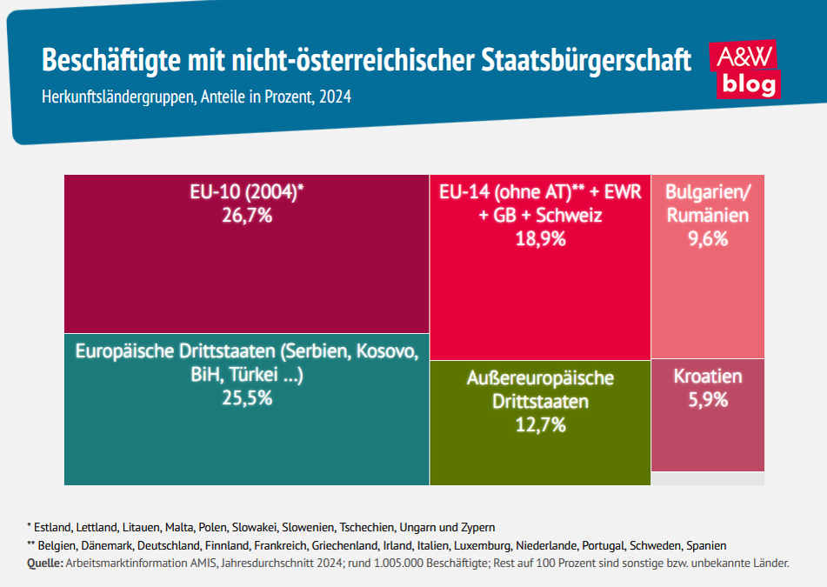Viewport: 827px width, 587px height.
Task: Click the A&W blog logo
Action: coord(744,70)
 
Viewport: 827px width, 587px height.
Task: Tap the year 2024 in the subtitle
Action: coord(335,97)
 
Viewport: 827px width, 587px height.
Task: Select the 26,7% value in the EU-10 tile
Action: coord(246,215)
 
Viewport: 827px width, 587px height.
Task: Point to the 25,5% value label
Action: coord(246,398)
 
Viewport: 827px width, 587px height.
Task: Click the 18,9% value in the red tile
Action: coord(540,238)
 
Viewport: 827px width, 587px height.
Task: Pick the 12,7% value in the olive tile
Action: coord(540,425)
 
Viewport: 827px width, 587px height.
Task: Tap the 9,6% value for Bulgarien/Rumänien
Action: coord(707,238)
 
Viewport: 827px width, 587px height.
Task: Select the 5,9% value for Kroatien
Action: coord(707,400)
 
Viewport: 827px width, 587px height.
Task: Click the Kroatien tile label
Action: coord(707,377)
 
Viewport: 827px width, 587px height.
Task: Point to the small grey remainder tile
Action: coord(707,478)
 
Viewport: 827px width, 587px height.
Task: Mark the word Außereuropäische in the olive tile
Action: coord(540,378)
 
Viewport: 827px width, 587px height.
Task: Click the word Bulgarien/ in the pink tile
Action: coord(707,192)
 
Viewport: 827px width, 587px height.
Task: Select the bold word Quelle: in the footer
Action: coord(44,564)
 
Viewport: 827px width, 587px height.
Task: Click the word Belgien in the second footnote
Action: coord(59,545)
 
